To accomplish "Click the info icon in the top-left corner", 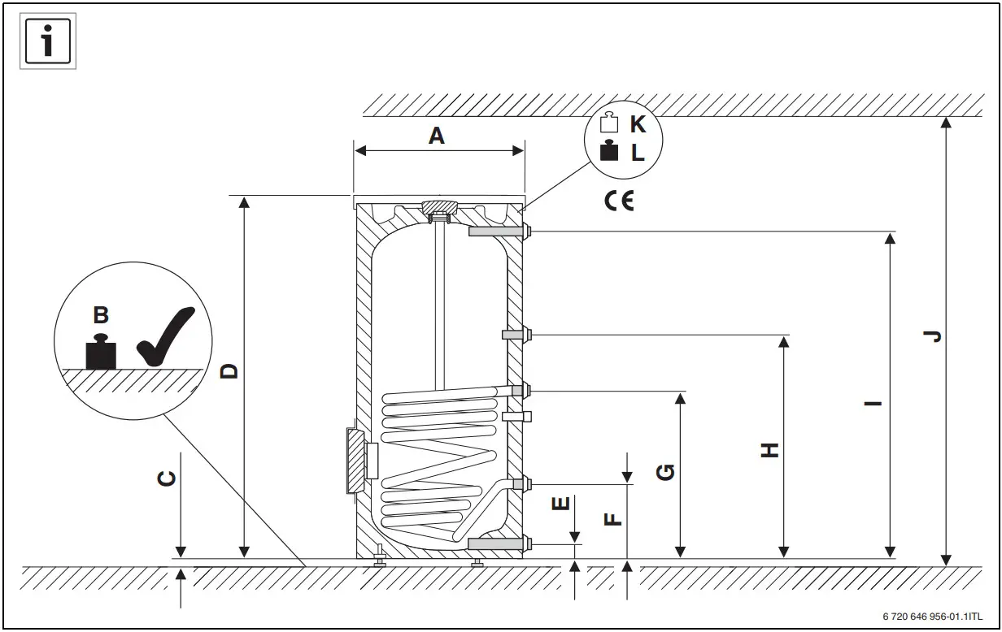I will (48, 41).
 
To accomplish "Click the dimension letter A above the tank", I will (437, 136).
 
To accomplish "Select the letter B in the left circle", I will (101, 315).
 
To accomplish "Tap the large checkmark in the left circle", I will (166, 336).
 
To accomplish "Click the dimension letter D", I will (230, 370).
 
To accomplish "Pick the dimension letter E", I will (560, 504).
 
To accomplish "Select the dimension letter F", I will (614, 517).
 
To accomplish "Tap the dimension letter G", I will (665, 471).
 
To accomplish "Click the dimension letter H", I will (769, 450).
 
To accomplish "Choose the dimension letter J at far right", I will (934, 335).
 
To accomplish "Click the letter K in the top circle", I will (638, 125).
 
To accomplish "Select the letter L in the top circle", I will (638, 153).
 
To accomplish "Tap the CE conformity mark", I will (619, 201).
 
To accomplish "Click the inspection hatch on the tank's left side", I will (356, 460).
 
